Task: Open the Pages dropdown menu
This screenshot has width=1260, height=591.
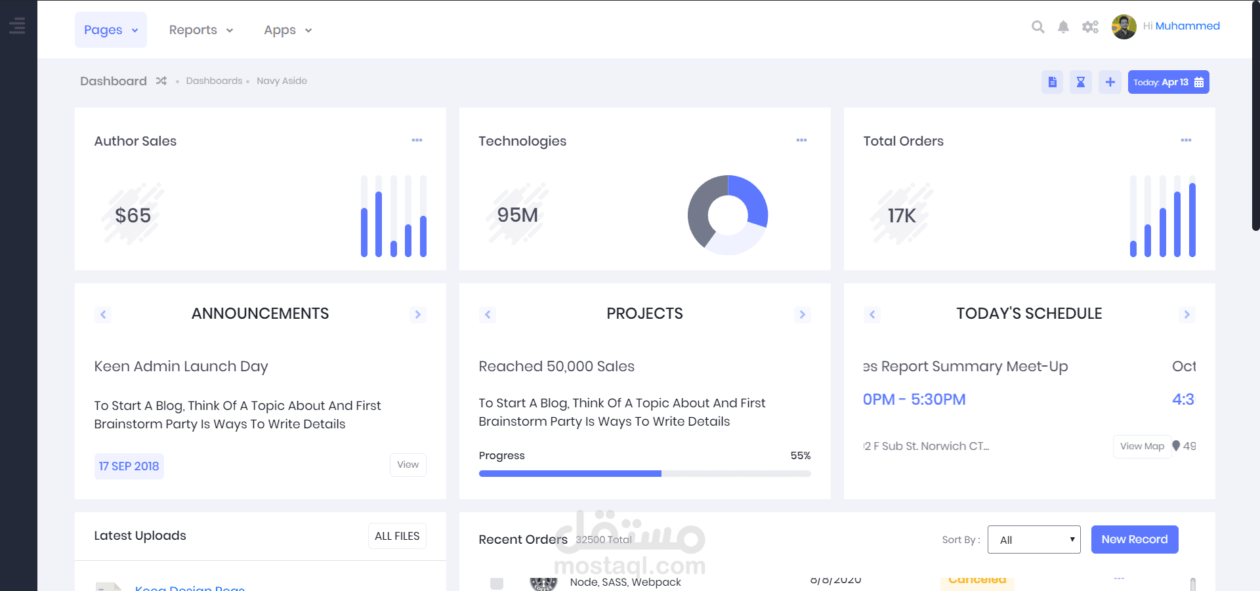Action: [x=110, y=30]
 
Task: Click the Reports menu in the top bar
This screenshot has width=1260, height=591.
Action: [x=201, y=30]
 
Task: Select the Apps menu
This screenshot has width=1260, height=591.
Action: [x=287, y=30]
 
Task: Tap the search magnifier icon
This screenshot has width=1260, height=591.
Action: [x=1038, y=27]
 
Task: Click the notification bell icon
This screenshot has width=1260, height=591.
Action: [x=1063, y=27]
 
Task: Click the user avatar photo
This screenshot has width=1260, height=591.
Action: [x=1123, y=27]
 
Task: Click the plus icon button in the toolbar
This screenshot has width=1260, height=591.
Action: [x=1110, y=82]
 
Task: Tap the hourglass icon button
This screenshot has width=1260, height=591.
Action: [x=1080, y=82]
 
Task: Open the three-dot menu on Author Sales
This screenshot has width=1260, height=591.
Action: [x=417, y=140]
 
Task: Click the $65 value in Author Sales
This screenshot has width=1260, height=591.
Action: [x=133, y=215]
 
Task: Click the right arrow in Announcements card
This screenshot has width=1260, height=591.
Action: [x=417, y=314]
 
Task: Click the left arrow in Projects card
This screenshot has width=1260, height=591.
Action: [x=488, y=314]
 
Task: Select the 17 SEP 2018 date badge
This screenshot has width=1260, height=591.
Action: [x=129, y=466]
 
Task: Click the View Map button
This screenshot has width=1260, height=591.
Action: [x=1142, y=446]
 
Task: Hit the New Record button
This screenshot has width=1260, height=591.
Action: [x=1134, y=539]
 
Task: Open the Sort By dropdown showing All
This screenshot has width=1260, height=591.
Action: [x=1034, y=540]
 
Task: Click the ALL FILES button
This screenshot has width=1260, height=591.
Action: [x=397, y=536]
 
